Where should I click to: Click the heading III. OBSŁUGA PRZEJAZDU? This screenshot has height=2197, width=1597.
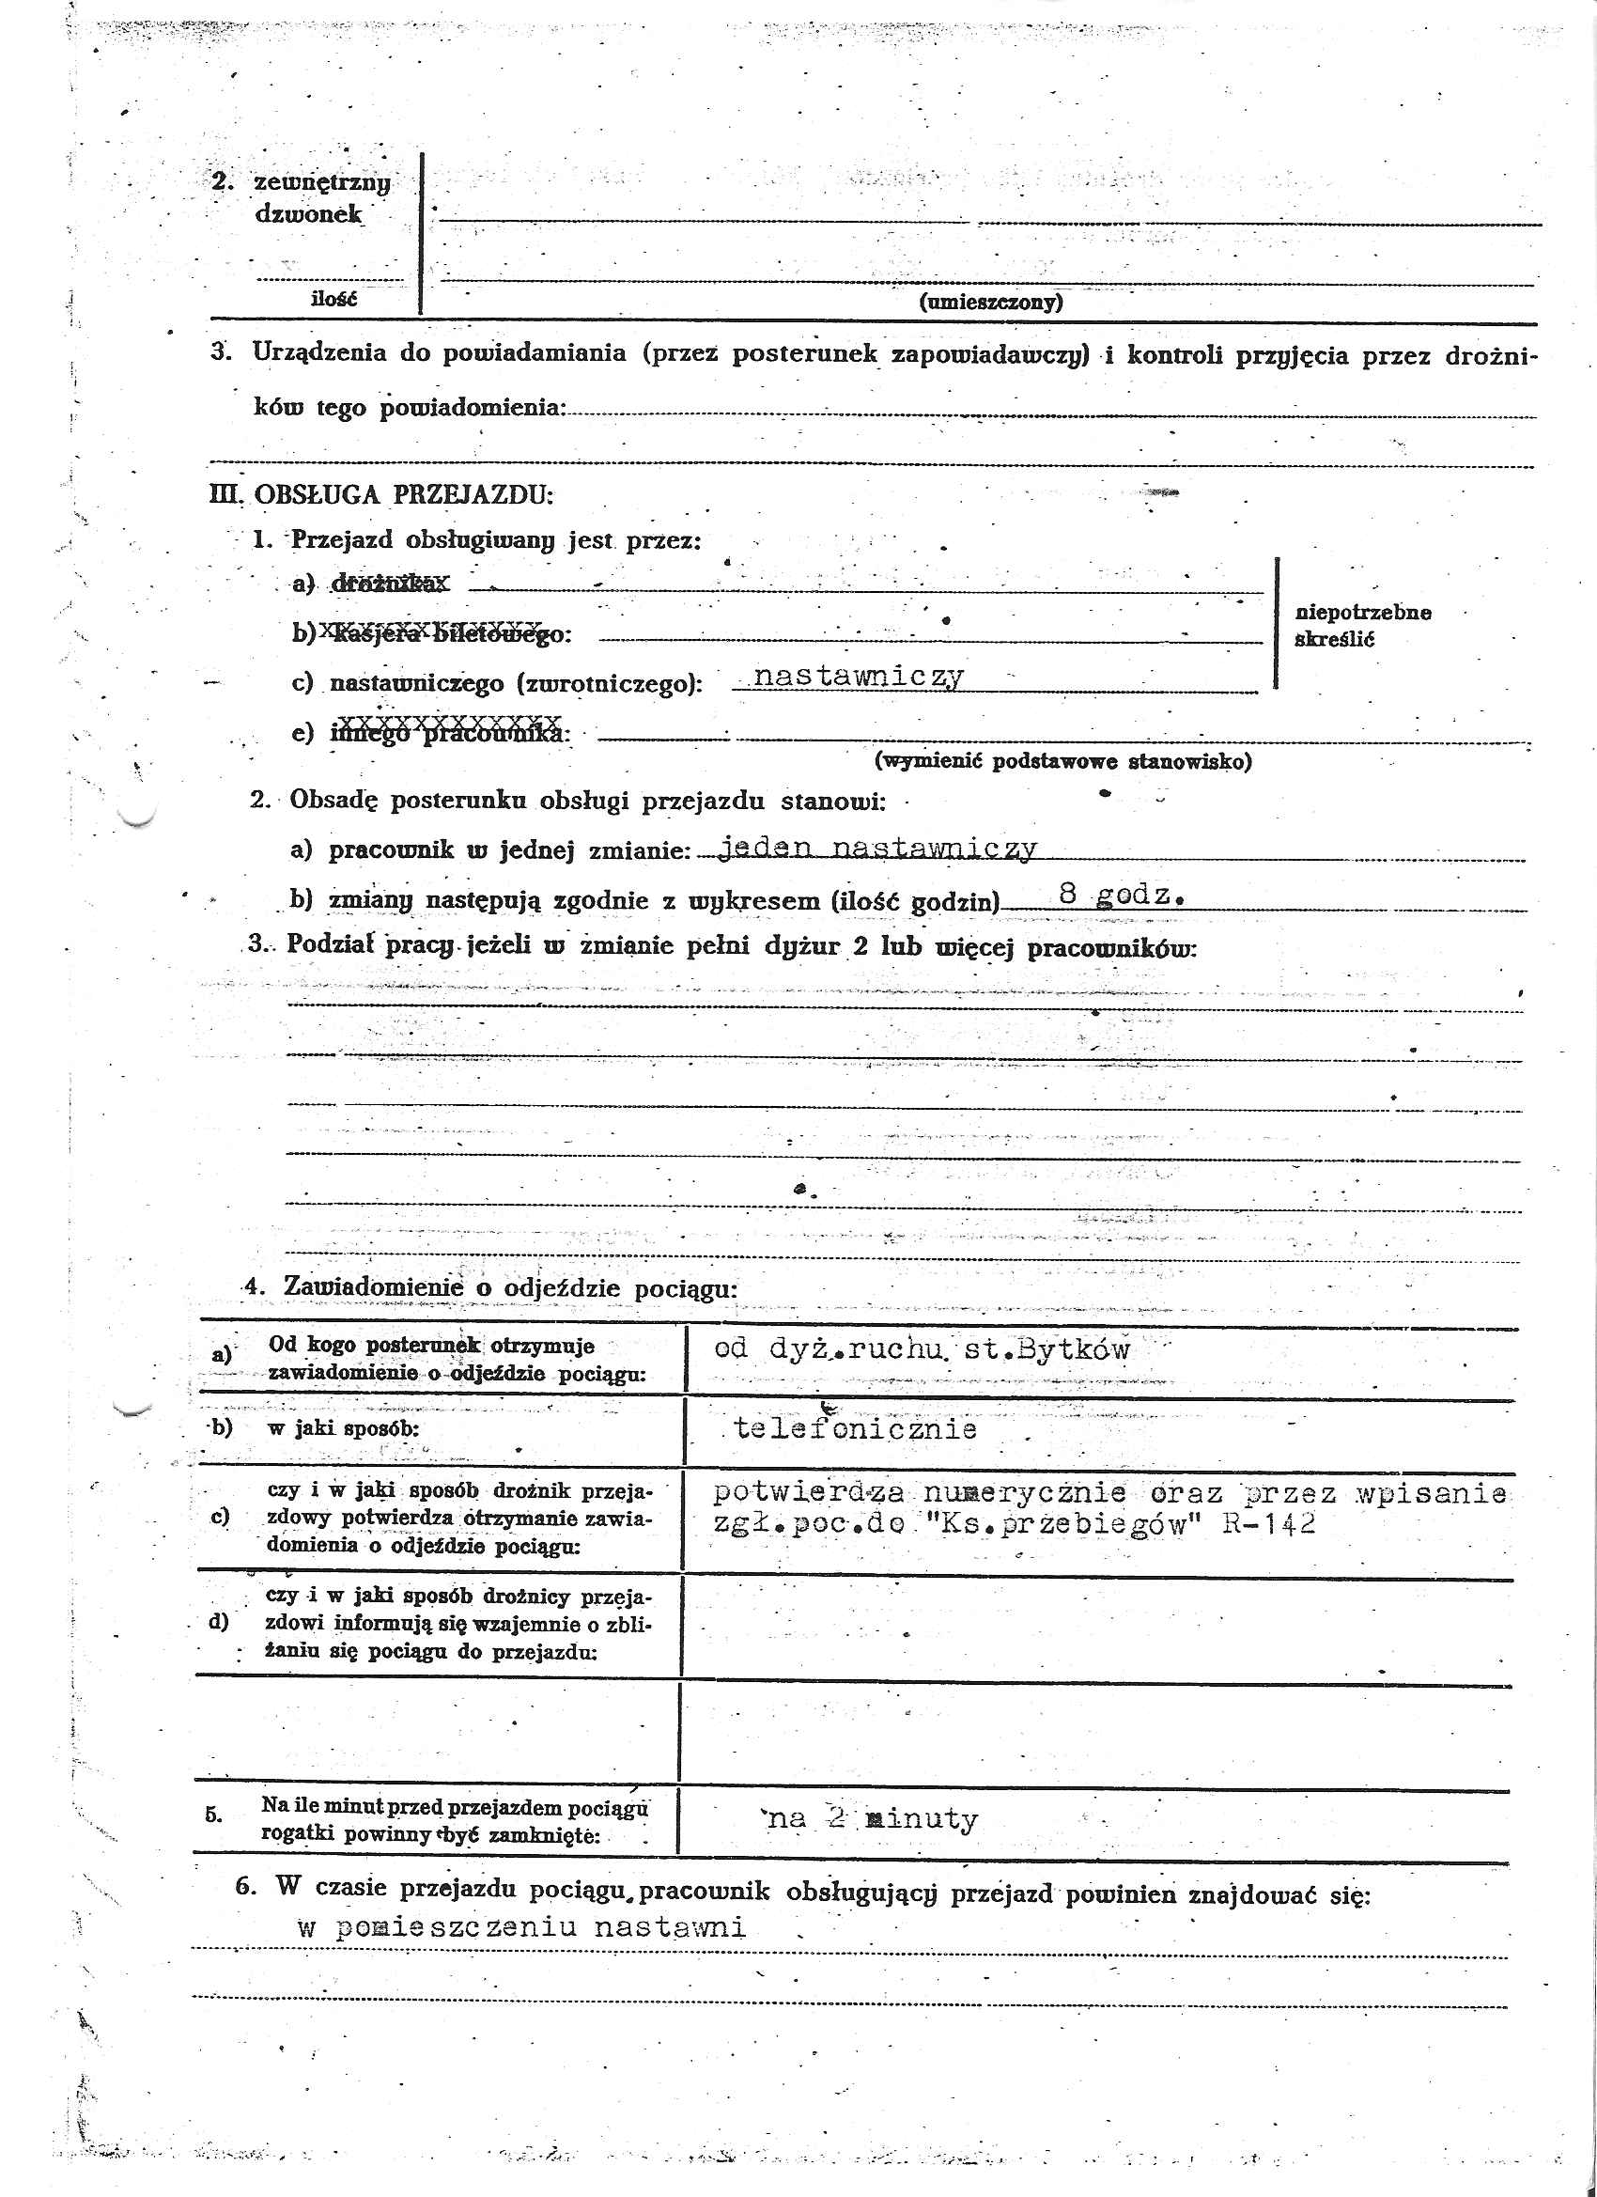tap(381, 494)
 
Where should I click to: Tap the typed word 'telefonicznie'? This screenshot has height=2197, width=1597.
tap(855, 1429)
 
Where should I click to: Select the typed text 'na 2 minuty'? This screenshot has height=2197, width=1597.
tap(872, 1818)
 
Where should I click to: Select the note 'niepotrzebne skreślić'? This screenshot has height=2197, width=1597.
tap(1361, 625)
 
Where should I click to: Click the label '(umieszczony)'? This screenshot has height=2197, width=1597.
tap(990, 302)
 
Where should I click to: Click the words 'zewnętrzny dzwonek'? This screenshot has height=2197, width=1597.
tap(320, 197)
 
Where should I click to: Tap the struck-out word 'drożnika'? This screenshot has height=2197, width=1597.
tap(390, 584)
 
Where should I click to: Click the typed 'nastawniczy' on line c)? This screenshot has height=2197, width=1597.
tap(858, 676)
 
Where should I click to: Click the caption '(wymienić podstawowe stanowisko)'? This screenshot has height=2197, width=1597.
tap(1062, 760)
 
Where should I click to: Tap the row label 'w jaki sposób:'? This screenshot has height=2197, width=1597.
tap(343, 1427)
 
